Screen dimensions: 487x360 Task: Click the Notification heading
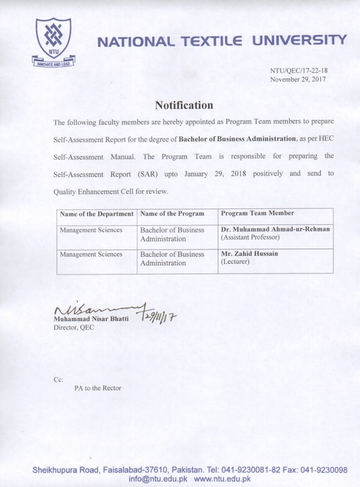184,105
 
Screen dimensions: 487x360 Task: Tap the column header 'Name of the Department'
97,214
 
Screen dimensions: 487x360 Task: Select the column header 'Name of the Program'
172,214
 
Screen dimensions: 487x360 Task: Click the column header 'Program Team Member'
257,214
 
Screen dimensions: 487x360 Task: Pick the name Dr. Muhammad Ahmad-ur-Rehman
275,229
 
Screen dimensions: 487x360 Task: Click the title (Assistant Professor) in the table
250,237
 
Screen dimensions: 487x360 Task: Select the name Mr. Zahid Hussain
249,254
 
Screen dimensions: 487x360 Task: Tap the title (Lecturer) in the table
235,261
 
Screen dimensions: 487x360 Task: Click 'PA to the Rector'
98,388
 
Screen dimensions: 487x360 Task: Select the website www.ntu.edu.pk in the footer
228,479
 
